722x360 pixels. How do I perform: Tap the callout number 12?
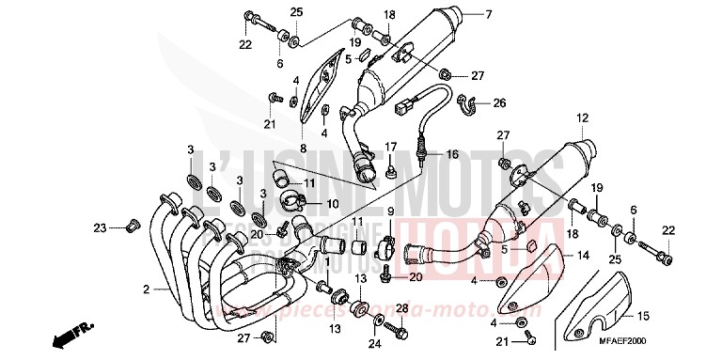[x=583, y=118]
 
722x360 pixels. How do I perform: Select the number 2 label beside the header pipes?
[x=146, y=289]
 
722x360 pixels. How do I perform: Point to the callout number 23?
[x=100, y=227]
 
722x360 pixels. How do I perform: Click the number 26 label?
[x=500, y=102]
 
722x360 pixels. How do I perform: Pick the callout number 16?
[x=451, y=154]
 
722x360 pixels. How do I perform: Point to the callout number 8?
[x=303, y=149]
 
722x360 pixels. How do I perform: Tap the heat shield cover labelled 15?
[x=602, y=301]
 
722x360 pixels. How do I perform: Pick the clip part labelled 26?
[x=467, y=102]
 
